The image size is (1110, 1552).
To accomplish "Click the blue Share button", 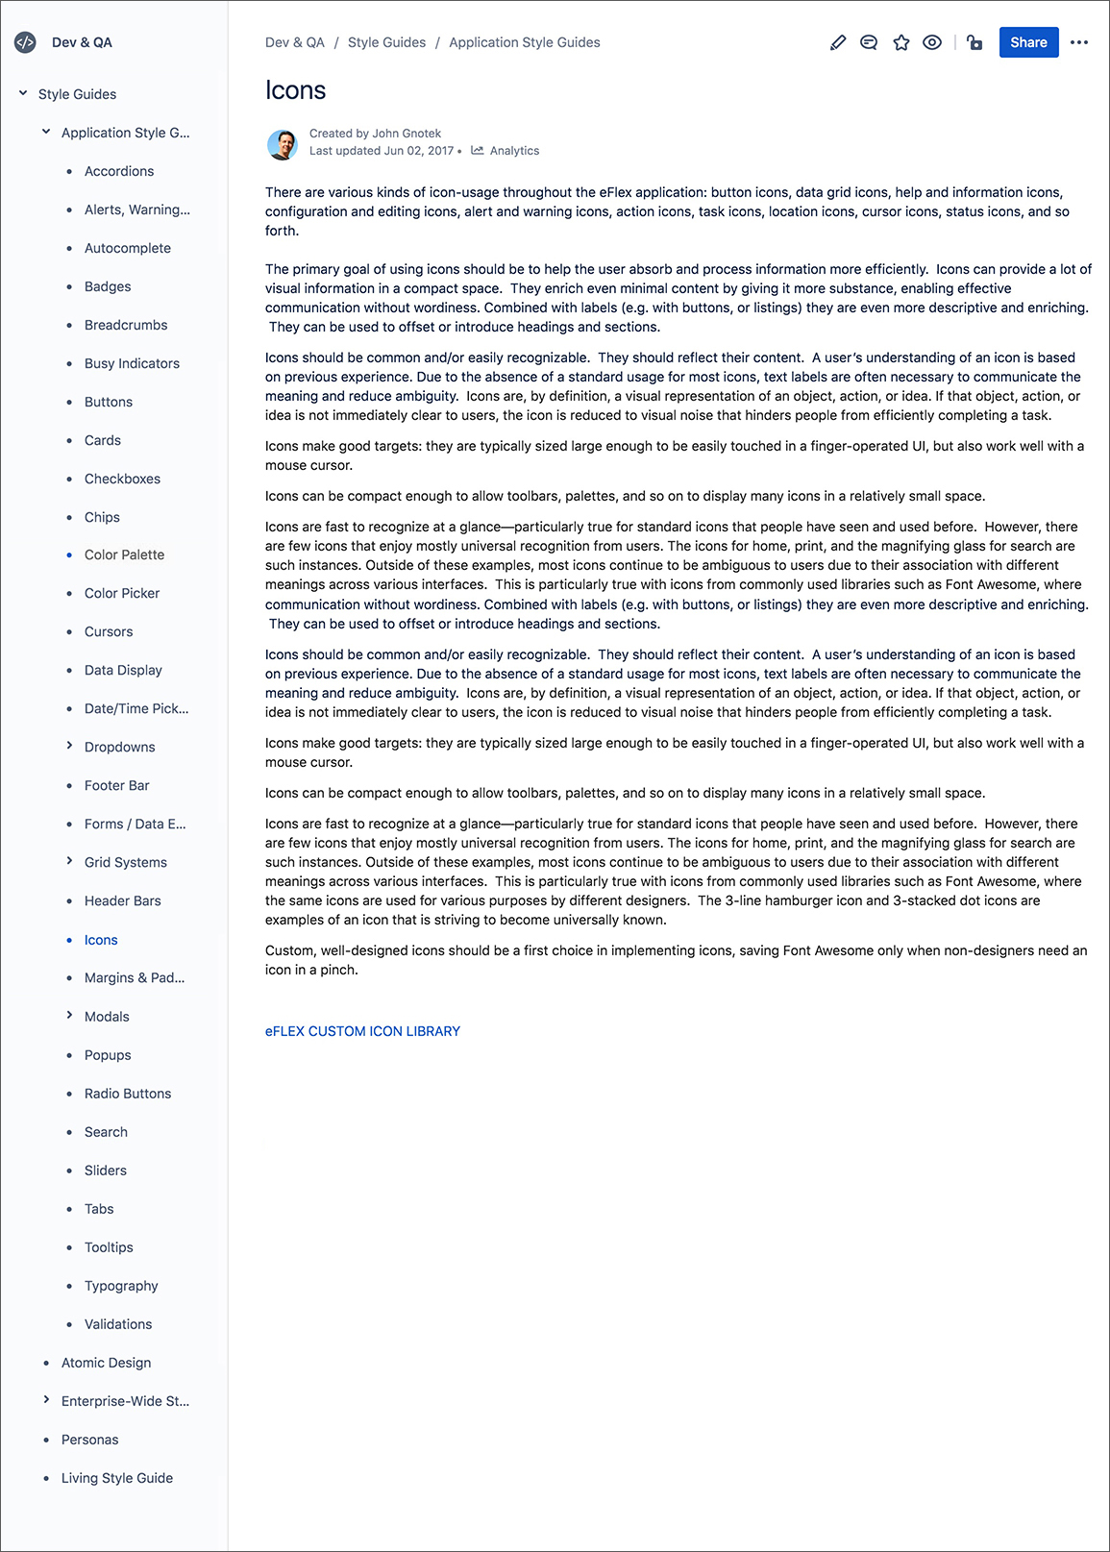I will pos(1028,42).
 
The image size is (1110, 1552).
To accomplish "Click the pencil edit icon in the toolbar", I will pos(838,42).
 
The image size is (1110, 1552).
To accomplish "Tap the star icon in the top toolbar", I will pos(900,42).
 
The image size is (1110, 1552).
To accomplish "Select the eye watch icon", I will pos(932,42).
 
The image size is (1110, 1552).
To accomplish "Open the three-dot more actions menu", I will pos(1079,42).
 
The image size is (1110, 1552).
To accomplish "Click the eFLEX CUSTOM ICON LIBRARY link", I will pos(362,1031).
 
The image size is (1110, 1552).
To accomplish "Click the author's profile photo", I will pos(283,144).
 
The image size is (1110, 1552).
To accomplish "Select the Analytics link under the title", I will pos(514,151).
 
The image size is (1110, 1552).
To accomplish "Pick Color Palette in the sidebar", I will pos(124,554).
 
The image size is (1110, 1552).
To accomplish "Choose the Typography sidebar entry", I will pos(121,1286).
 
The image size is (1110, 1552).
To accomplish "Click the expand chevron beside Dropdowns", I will pos(69,746).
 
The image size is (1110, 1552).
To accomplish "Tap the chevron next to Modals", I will pos(69,1015).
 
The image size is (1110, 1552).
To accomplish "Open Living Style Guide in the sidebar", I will pos(117,1478).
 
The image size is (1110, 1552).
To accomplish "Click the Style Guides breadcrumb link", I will pos(386,42).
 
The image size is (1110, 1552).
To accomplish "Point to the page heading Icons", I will pos(296,90).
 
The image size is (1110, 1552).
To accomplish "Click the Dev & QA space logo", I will pos(25,42).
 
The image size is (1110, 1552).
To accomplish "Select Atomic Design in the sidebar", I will pos(106,1363).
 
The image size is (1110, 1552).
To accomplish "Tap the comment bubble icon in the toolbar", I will pos(869,42).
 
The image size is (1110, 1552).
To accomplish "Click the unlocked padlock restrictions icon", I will pos(974,42).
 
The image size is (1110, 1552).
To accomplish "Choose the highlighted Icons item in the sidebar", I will pos(101,940).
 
